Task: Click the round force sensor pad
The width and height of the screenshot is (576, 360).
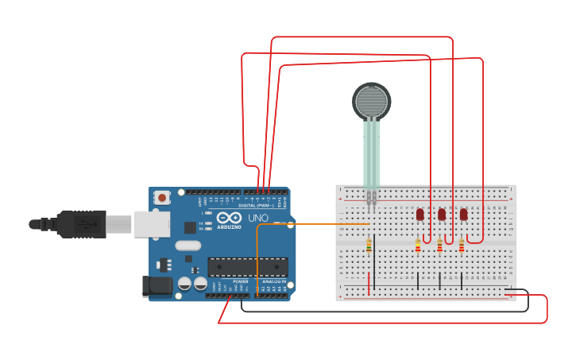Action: pyautogui.click(x=372, y=101)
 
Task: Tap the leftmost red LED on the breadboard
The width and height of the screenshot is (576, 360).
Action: pyautogui.click(x=419, y=214)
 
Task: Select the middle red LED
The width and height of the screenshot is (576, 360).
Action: pyautogui.click(x=442, y=214)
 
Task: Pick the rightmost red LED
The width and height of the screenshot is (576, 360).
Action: pyautogui.click(x=463, y=214)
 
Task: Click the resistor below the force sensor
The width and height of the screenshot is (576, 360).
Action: pyautogui.click(x=369, y=246)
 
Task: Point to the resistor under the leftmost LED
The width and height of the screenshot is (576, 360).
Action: pyautogui.click(x=418, y=246)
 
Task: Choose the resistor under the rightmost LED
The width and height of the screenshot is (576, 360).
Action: pyautogui.click(x=461, y=246)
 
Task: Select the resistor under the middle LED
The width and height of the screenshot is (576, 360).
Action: pyautogui.click(x=439, y=246)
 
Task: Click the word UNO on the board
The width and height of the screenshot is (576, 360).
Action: pyautogui.click(x=259, y=218)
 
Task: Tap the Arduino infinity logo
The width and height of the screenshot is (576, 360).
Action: pyautogui.click(x=229, y=218)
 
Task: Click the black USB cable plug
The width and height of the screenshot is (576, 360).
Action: pyautogui.click(x=79, y=224)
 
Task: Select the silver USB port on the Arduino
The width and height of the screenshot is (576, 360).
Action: pyautogui.click(x=152, y=224)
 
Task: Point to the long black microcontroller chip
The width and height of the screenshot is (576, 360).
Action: pyautogui.click(x=247, y=267)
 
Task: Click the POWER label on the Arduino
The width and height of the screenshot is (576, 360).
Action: pyautogui.click(x=240, y=281)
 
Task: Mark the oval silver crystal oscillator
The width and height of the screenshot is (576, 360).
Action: pyautogui.click(x=187, y=245)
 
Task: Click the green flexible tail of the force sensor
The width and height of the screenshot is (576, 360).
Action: pyautogui.click(x=372, y=155)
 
